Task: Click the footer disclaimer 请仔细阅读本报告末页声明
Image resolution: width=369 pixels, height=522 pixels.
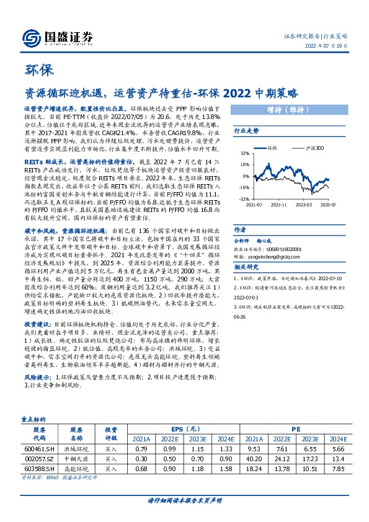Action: (x=184, y=500)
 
